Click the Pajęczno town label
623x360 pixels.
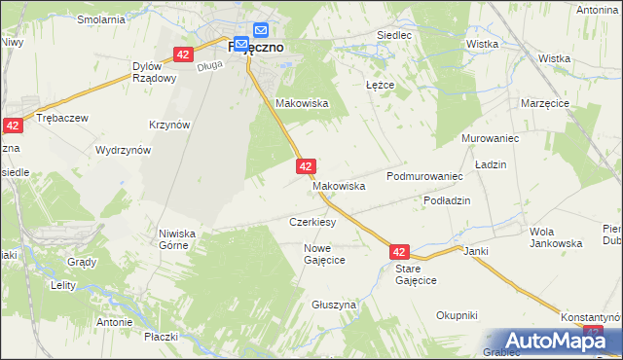[255, 46]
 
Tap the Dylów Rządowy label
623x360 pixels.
[154, 73]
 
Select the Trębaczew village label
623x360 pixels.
[61, 117]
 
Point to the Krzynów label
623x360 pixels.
[169, 125]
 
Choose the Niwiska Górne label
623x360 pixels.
[177, 239]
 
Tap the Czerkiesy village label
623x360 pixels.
[312, 222]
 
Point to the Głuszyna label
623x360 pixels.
[334, 305]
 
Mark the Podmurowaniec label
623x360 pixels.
[422, 176]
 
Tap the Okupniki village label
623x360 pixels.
[457, 314]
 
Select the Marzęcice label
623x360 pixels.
[544, 103]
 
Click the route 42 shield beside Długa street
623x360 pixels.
[182, 55]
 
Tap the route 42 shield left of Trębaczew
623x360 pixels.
[13, 126]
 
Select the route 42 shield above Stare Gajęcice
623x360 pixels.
[401, 251]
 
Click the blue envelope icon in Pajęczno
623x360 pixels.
[261, 31]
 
